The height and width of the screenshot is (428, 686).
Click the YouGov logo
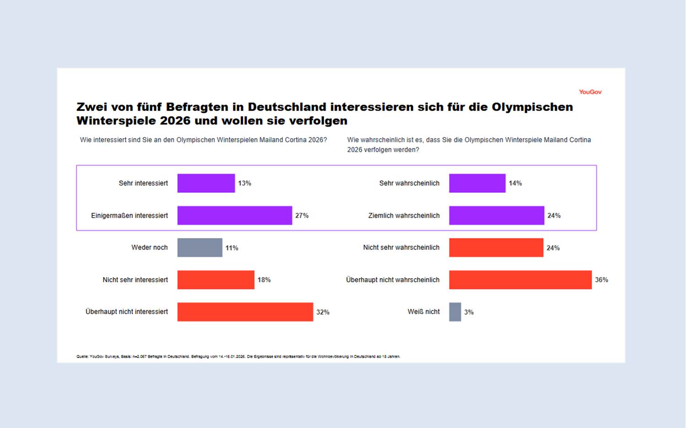point(590,92)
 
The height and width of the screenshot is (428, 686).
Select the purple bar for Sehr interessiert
point(206,183)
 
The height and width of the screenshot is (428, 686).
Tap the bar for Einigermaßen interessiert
point(235,216)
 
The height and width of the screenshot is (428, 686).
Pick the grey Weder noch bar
point(200,248)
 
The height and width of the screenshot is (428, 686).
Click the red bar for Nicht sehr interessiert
point(216,280)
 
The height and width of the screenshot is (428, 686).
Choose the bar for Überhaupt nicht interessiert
point(245,312)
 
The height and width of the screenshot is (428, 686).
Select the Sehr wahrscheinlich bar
point(477,183)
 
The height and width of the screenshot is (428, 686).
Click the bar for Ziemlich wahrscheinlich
point(497,216)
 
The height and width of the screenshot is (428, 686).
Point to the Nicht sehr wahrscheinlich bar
point(496,248)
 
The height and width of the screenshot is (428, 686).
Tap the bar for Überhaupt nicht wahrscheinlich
point(520,280)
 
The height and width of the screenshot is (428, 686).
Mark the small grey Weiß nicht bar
point(455,312)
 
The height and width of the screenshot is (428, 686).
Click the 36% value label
point(601,280)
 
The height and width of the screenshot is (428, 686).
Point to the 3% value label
point(469,312)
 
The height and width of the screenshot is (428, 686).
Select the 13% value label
point(244,183)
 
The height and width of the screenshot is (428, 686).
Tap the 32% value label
point(323,312)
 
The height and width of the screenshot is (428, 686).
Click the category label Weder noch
point(150,248)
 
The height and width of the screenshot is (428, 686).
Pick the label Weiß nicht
point(423,312)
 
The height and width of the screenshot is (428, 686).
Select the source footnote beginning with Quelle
point(238,357)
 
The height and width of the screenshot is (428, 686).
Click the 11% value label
point(232,248)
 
